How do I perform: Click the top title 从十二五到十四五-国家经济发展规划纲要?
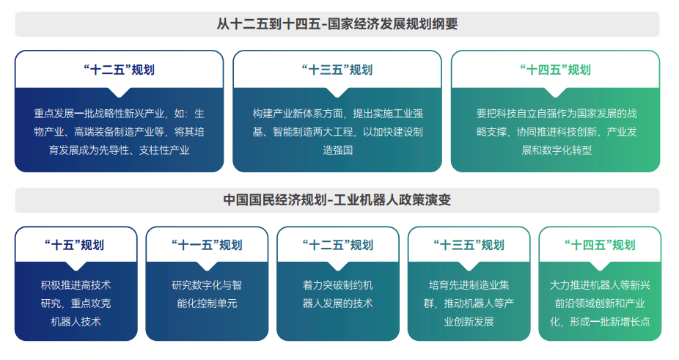pyautogui.click(x=337, y=23)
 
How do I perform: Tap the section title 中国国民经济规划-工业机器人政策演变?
pyautogui.click(x=337, y=199)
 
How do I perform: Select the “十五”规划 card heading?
pyautogui.click(x=75, y=245)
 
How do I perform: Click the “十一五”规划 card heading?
pyautogui.click(x=207, y=245)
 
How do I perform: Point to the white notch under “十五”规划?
pyautogui.click(x=76, y=265)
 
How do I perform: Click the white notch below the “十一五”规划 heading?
pyautogui.click(x=207, y=265)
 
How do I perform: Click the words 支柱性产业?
pyautogui.click(x=164, y=150)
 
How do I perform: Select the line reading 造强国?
pyautogui.click(x=337, y=150)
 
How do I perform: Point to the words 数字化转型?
pyautogui.click(x=567, y=150)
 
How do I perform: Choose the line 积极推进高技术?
pyautogui.click(x=76, y=285)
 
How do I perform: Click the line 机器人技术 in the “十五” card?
pyautogui.click(x=76, y=321)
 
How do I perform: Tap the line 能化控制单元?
pyautogui.click(x=207, y=304)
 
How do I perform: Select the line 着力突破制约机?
pyautogui.click(x=338, y=285)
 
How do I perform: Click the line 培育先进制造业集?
pyautogui.click(x=469, y=285)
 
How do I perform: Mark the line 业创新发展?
pyautogui.click(x=469, y=321)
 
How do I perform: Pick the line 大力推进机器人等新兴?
pyautogui.click(x=600, y=285)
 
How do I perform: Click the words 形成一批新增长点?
pyautogui.click(x=610, y=321)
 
